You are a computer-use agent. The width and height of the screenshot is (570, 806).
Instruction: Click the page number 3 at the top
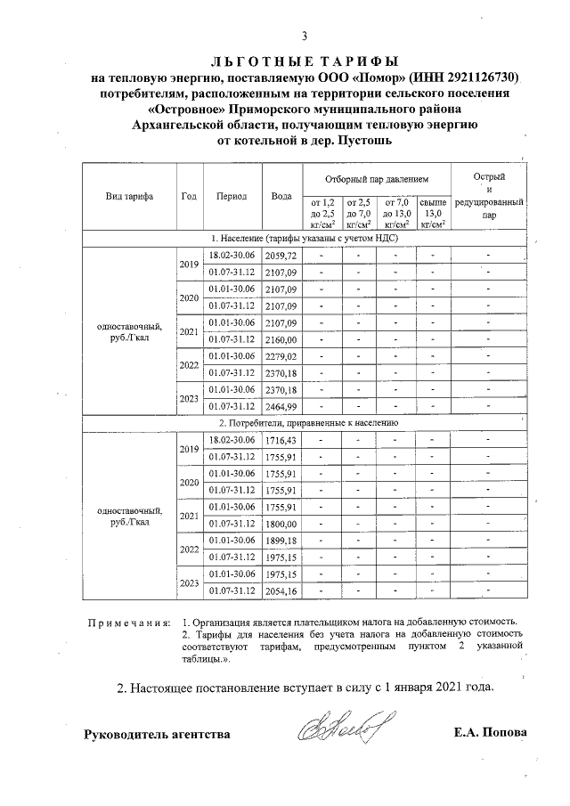click(305, 37)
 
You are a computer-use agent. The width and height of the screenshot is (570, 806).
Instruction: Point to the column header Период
click(231, 196)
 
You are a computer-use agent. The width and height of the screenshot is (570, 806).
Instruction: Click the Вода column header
click(281, 196)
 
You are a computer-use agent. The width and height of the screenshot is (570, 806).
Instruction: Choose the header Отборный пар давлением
click(375, 179)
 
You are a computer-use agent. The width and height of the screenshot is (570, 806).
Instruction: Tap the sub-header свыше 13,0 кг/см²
click(433, 214)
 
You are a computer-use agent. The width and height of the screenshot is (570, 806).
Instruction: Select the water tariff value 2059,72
click(281, 256)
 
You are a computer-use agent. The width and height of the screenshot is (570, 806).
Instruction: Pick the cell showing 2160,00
click(281, 339)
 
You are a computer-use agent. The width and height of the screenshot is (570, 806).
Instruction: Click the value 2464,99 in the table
click(281, 406)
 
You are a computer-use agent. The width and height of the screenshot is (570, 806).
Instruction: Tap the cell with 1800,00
click(281, 524)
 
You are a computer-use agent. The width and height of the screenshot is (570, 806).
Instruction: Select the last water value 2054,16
click(281, 590)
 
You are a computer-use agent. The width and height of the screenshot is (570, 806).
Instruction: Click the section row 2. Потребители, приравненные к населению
click(304, 423)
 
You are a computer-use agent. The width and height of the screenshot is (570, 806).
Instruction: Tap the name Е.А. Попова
click(489, 733)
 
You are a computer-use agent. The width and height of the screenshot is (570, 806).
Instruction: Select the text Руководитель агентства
click(157, 734)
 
